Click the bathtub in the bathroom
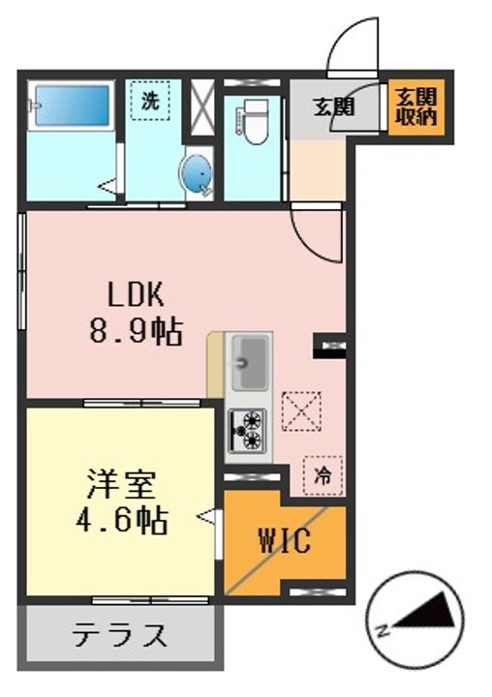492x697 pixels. point(71,106)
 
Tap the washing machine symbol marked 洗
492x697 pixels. point(150,101)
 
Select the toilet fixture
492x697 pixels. point(252,121)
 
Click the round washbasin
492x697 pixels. point(197,174)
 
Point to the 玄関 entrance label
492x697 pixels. point(333,106)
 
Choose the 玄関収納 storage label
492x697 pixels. point(415,106)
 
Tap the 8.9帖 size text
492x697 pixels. point(136,331)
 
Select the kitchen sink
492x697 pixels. point(250,363)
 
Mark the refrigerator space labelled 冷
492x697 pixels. point(323,475)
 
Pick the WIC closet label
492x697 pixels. point(285,541)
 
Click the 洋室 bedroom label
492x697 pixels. point(121,485)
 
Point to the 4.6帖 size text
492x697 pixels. point(121,520)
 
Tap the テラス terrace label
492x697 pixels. point(120,634)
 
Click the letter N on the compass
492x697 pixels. point(383,630)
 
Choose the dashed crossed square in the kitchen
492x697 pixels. point(301,411)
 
